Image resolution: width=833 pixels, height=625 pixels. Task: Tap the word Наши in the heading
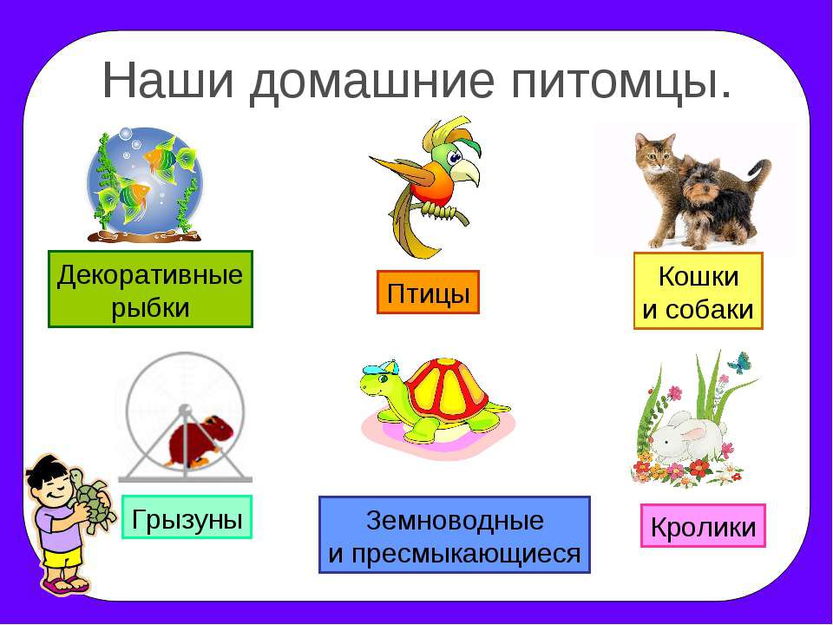(167, 80)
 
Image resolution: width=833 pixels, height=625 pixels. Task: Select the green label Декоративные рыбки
(150, 289)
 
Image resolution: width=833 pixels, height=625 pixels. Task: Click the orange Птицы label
(428, 293)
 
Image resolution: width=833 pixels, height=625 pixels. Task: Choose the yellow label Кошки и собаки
(698, 291)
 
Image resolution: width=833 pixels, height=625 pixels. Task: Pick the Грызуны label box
(187, 517)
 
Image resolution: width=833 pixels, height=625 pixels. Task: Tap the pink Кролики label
(703, 526)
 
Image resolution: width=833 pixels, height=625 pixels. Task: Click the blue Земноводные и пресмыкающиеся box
(454, 535)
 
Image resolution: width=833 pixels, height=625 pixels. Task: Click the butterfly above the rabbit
(739, 363)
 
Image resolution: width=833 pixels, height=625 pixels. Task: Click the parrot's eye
(454, 157)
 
